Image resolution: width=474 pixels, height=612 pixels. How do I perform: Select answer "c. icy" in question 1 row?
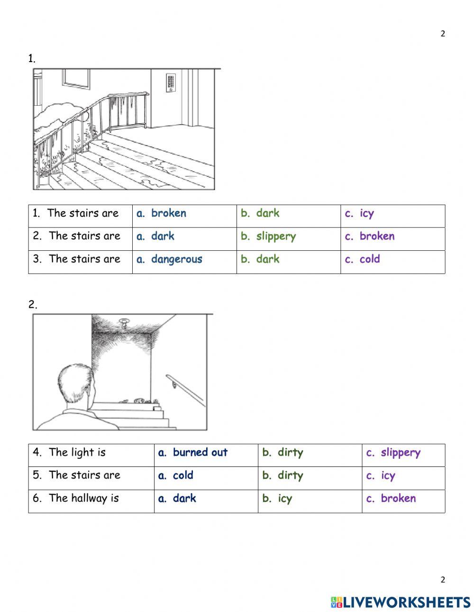pyautogui.click(x=359, y=214)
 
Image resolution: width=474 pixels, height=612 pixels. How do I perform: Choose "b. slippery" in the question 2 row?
pyautogui.click(x=268, y=237)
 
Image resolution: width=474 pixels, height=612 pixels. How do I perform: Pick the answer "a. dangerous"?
pyautogui.click(x=169, y=259)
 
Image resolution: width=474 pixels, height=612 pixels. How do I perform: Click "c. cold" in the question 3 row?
pyautogui.click(x=363, y=259)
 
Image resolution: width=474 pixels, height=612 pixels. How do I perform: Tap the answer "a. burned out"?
pyautogui.click(x=193, y=453)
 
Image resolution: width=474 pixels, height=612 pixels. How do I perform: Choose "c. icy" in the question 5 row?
pyautogui.click(x=381, y=475)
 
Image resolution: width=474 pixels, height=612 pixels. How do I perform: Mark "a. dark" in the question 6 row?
pyautogui.click(x=177, y=498)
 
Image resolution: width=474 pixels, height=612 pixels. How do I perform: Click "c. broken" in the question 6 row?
pyautogui.click(x=391, y=498)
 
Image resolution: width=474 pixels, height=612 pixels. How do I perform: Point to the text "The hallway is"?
pyautogui.click(x=83, y=498)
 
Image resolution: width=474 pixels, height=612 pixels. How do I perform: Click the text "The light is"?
pyautogui.click(x=77, y=453)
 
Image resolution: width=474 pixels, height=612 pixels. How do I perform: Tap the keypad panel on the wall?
pyautogui.click(x=171, y=82)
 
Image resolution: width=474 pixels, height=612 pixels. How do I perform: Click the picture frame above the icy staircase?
pyautogui.click(x=76, y=78)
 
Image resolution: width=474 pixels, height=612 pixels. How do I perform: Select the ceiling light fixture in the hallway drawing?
pyautogui.click(x=124, y=323)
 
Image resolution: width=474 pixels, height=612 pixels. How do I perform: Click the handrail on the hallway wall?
pyautogui.click(x=185, y=389)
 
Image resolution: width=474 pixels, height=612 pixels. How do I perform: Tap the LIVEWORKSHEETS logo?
pyautogui.click(x=401, y=602)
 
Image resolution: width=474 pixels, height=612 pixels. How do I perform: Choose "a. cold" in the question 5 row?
pyautogui.click(x=176, y=475)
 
